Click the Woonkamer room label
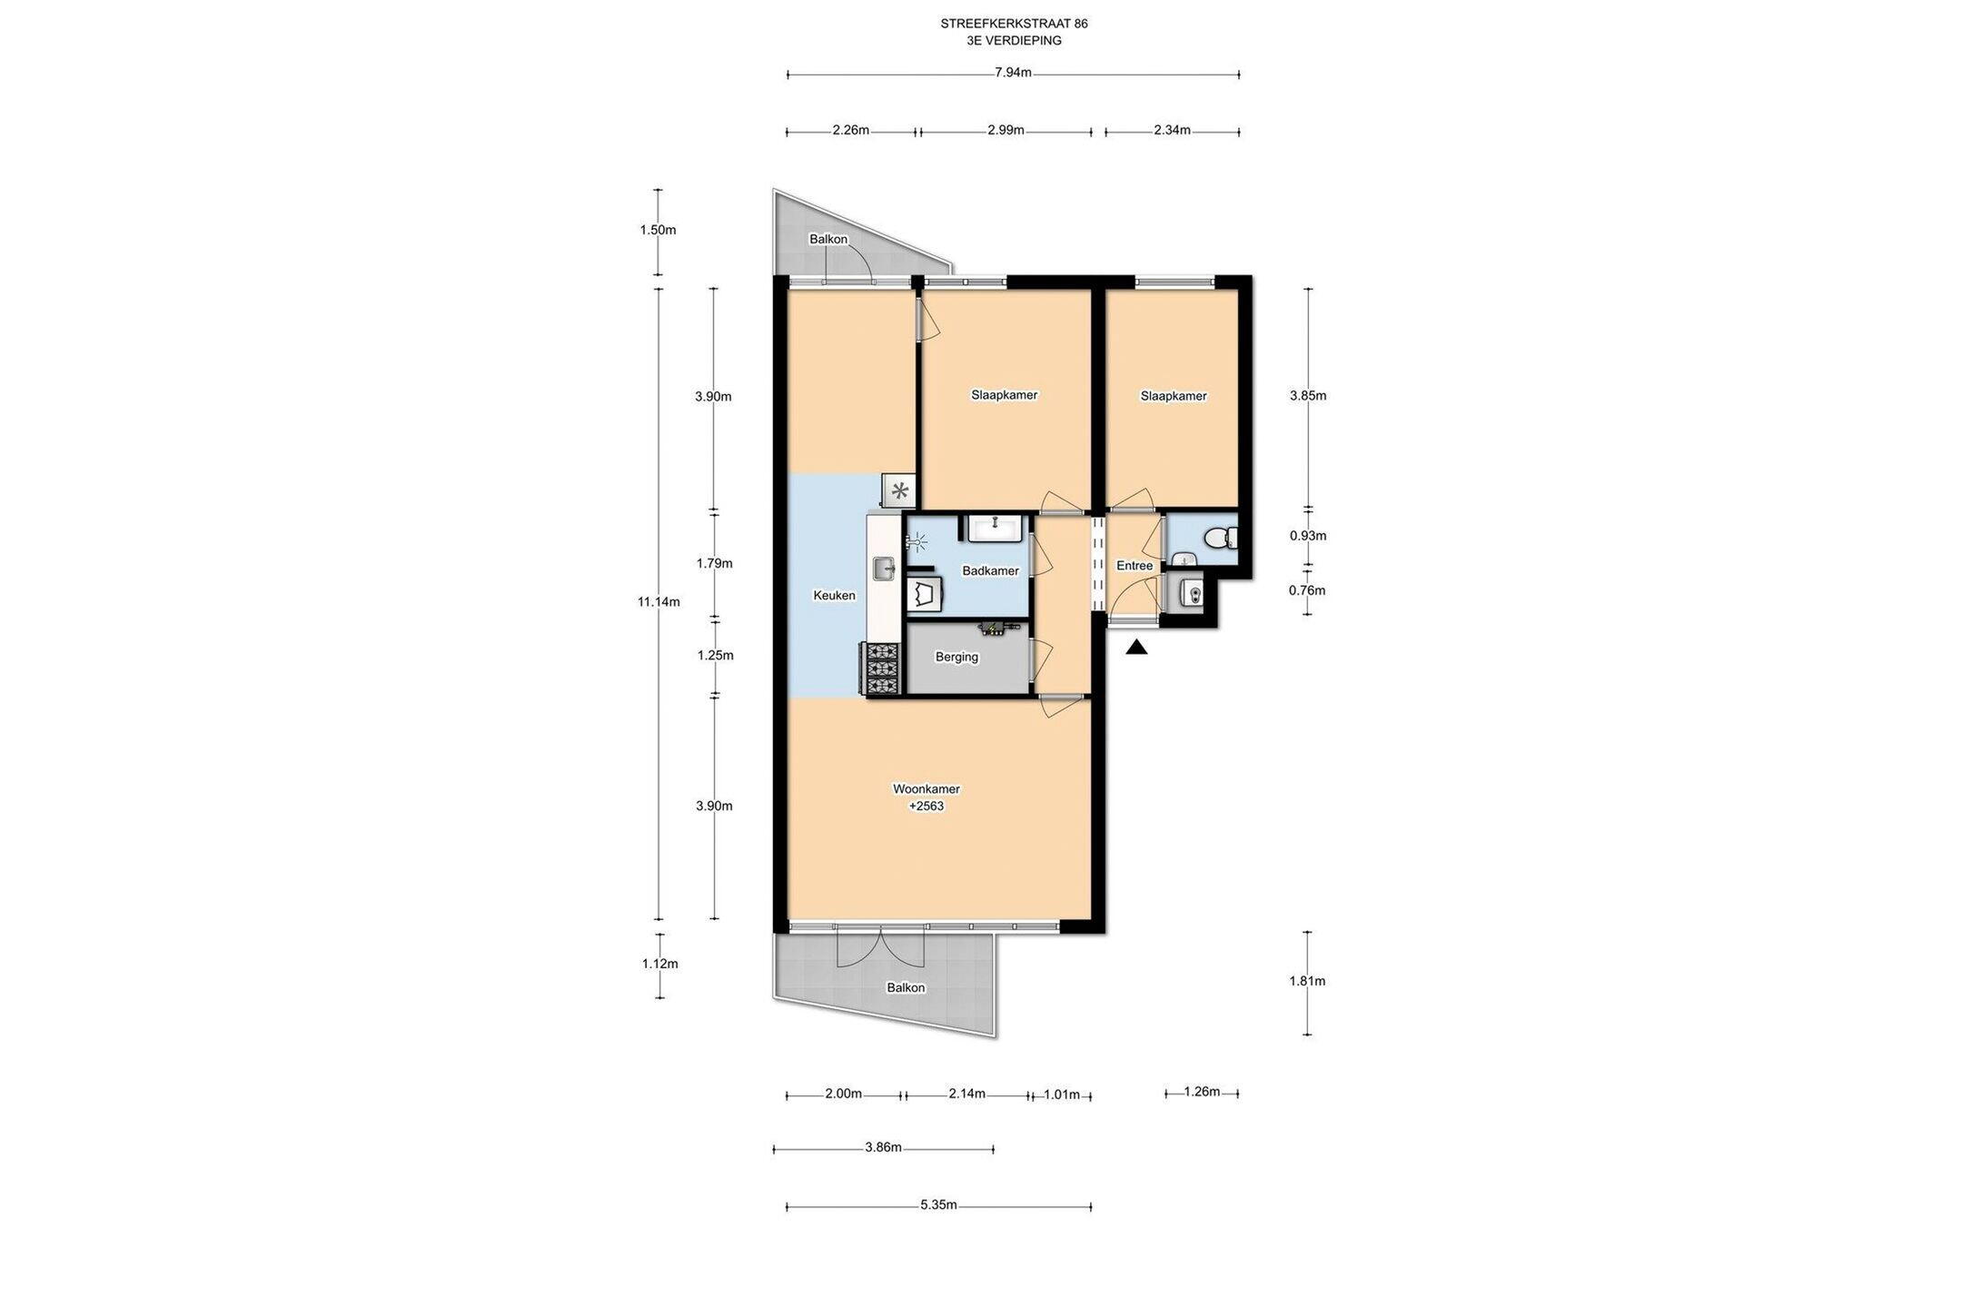[x=926, y=789]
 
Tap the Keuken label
[x=834, y=596]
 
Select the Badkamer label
[x=991, y=571]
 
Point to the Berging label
[x=957, y=658]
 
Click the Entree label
[x=1135, y=566]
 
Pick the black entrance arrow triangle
[x=1136, y=647]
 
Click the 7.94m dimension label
[x=1014, y=74]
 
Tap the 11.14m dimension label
[x=659, y=601]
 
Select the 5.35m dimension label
[x=938, y=1205]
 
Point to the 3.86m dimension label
[x=883, y=1147]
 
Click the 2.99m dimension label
[x=1006, y=130]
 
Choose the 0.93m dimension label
[x=1308, y=536]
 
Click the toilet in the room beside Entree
[x=1219, y=539]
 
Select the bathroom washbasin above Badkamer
[x=996, y=527]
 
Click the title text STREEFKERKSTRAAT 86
[x=1014, y=24]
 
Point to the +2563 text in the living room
[x=926, y=806]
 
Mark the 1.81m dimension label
[x=1307, y=981]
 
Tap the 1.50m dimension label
[x=658, y=230]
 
